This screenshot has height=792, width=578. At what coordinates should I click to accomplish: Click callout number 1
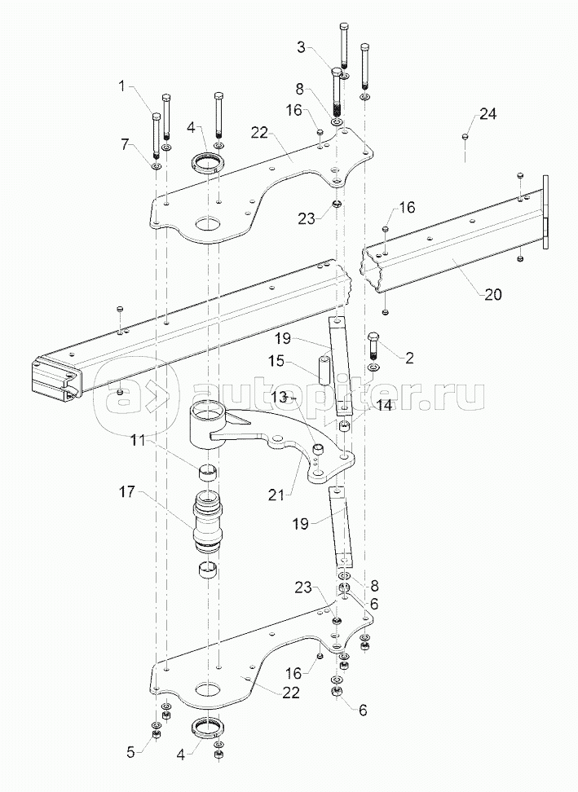point(121,86)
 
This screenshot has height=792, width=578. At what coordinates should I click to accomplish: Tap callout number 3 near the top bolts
point(302,47)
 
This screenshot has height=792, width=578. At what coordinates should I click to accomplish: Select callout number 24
point(488,114)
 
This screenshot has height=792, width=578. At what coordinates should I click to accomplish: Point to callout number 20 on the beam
point(493,294)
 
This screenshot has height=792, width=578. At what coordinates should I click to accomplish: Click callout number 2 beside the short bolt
point(409,358)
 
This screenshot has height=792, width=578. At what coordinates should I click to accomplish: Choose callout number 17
point(127,491)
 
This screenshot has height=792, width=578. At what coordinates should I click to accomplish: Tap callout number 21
point(276,495)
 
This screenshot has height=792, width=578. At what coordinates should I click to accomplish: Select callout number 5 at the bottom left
point(131,752)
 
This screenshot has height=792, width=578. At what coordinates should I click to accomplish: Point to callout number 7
point(126,146)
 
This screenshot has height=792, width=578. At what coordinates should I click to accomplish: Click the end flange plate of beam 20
point(545,212)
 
